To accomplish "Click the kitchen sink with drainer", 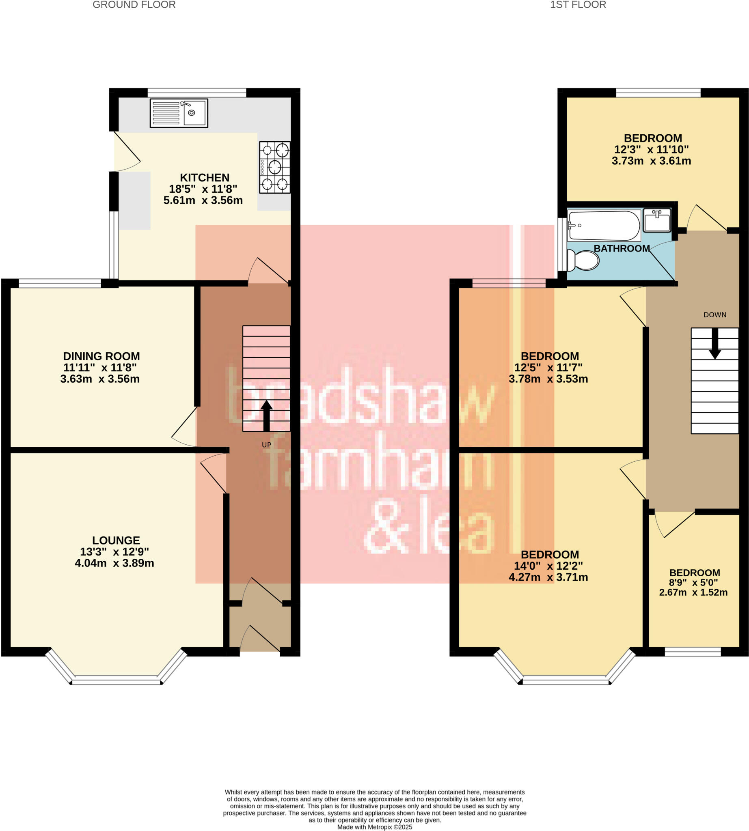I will coord(179,113).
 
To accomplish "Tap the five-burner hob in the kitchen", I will coord(274,167).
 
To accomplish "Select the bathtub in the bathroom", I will coord(604,226).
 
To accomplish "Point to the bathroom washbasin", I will coord(657,220).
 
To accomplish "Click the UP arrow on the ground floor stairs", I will coord(266,415).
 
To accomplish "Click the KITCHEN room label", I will coord(205,178).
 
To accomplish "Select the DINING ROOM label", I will coord(101,356).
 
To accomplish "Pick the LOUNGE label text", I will coord(116,540).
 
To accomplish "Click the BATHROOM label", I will coord(622,248).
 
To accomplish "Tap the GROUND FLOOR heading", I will coord(134,5).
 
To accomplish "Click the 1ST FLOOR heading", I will coord(578,5).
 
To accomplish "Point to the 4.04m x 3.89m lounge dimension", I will coord(114,563).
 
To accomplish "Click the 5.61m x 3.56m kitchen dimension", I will coord(203,200).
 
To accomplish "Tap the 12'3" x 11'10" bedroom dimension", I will coord(651,149).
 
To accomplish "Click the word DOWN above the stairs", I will coord(715,315).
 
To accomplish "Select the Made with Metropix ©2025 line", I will coord(374,827).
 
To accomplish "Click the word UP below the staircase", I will coord(266,445).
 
